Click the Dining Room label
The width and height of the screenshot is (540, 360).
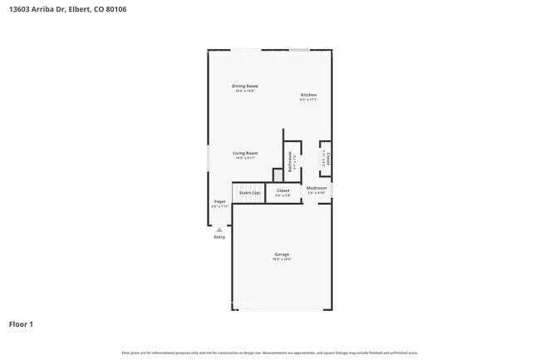245,86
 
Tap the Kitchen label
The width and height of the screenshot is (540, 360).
308,94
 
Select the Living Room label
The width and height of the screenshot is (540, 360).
245,153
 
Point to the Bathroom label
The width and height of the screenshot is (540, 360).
290,160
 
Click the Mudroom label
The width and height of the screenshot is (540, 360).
317,188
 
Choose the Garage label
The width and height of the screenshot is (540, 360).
282,254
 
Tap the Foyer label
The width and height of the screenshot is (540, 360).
220,201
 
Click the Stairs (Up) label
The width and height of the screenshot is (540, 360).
249,192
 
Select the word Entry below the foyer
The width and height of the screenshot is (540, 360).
219,237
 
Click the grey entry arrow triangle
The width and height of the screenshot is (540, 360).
219,229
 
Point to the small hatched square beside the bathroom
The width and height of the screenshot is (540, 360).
278,174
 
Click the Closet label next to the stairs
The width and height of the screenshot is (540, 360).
283,190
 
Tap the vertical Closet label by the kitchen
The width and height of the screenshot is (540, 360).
328,157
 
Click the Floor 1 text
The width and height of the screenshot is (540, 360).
22,323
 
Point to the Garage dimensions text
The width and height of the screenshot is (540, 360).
282,259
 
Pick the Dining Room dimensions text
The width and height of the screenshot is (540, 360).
245,91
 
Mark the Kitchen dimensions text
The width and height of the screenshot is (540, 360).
308,100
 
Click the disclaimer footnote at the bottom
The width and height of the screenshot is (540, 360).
270,353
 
